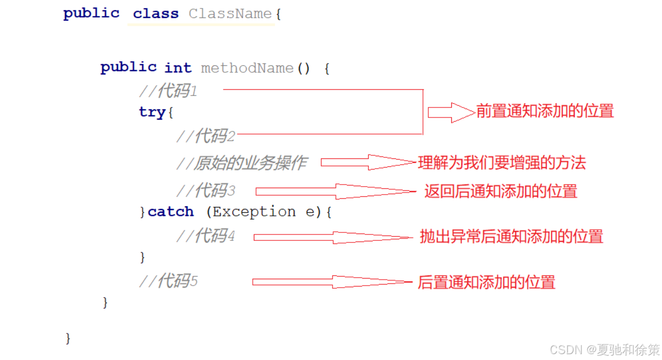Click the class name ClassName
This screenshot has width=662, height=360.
click(230, 14)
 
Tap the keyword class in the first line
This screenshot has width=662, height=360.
click(155, 14)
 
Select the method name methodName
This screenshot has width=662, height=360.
click(247, 68)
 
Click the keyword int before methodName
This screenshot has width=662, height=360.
click(178, 68)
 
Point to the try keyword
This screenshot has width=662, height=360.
click(152, 112)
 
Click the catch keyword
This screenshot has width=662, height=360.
click(171, 212)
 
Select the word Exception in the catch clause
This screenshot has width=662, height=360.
click(254, 212)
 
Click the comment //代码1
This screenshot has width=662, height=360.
click(168, 91)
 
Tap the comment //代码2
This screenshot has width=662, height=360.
click(205, 136)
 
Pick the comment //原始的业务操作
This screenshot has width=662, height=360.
click(242, 163)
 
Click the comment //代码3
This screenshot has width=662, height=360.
click(205, 190)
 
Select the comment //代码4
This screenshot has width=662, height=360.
click(205, 236)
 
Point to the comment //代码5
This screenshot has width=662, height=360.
click(168, 281)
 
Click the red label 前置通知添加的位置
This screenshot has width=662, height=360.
click(545, 111)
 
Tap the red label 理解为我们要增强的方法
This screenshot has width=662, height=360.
click(502, 163)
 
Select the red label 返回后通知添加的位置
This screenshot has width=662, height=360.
click(501, 191)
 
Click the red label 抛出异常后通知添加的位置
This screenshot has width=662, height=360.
click(511, 237)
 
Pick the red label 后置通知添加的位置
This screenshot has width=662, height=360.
click(486, 282)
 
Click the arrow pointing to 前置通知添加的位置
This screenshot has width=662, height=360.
click(451, 112)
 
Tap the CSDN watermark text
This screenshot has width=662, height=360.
click(604, 349)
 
